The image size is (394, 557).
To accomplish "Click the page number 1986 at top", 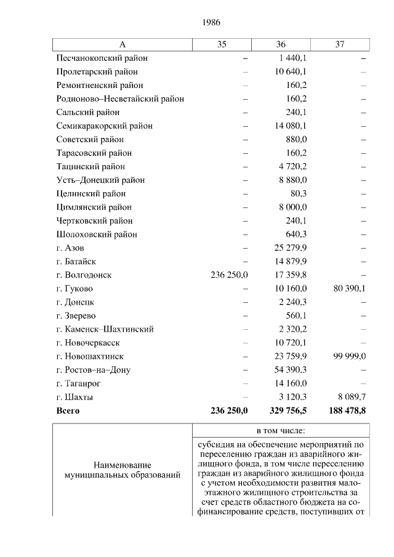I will (211, 22).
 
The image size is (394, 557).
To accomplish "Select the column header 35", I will (222, 44).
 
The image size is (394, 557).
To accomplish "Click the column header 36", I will (281, 44).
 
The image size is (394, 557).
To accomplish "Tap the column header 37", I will (340, 44).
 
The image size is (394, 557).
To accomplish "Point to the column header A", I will (122, 44).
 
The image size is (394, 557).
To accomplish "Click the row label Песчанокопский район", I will (102, 58).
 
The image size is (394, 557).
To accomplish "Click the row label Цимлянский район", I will (94, 207).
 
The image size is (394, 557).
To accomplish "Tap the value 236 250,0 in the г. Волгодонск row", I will (229, 275).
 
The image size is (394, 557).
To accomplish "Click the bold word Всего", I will (68, 411).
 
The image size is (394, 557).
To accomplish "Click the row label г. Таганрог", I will (78, 383).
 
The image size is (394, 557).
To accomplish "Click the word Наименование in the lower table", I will (123, 465).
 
